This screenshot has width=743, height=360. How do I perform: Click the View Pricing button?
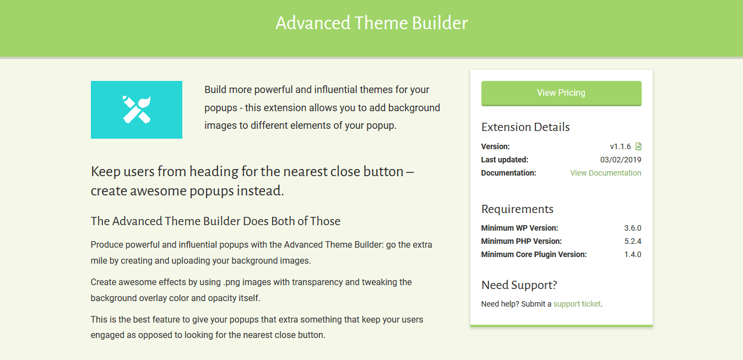pos(561,93)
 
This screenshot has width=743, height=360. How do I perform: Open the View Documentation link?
pos(606,173)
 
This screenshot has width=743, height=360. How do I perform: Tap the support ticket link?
pos(577,304)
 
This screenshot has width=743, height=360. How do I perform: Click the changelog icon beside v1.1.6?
pos(638,146)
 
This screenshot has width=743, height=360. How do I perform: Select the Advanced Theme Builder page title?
pos(371,23)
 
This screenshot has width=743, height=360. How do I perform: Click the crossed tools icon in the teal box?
pos(137,110)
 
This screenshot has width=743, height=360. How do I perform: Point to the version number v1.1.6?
pos(620,146)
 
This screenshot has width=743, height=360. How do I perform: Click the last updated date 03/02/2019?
pos(621,160)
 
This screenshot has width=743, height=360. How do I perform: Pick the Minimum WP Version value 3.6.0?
pos(632,228)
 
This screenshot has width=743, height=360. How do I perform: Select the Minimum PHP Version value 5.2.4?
pos(632,241)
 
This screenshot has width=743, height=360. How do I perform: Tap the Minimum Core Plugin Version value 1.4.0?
pos(632,254)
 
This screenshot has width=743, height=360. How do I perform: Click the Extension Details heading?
pos(525,127)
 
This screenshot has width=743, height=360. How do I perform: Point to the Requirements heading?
pos(517,209)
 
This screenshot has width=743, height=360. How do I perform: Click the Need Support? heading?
pos(519,285)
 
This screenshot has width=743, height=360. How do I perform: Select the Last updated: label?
pos(505,160)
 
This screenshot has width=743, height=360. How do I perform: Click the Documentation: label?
pos(508,173)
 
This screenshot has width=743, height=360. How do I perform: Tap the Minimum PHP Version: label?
pos(522,241)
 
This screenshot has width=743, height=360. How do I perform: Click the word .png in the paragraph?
pos(231,282)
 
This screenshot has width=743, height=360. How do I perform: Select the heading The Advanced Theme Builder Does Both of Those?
pos(215,221)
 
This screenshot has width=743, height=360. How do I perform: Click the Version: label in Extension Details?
pos(495,146)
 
